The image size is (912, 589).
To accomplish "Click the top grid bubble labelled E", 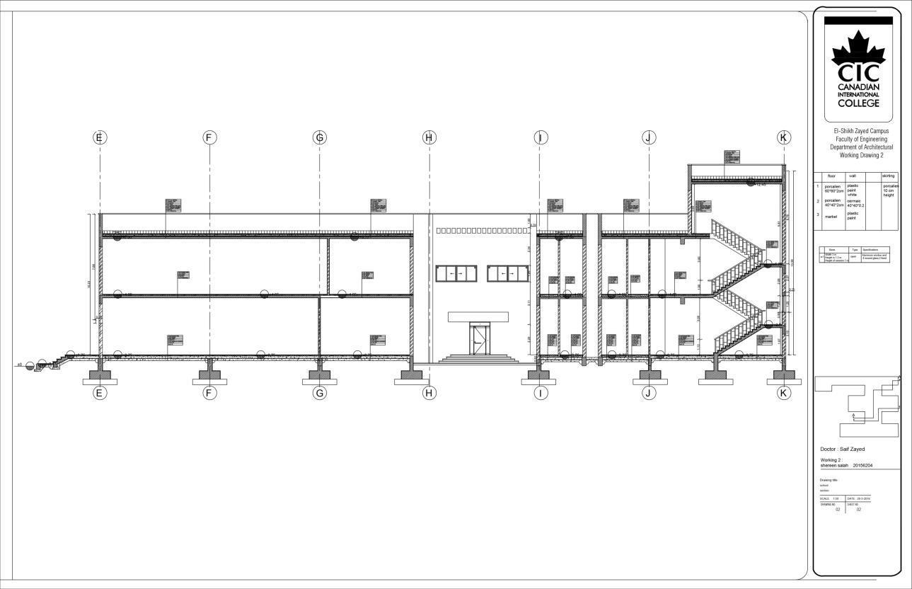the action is click(100, 137).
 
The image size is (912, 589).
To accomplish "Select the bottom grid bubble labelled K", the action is click(783, 393).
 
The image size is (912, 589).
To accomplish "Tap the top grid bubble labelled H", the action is click(429, 137).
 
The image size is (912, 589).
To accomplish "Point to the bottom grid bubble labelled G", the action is click(319, 393).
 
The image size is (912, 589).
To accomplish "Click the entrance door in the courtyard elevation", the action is click(479, 338).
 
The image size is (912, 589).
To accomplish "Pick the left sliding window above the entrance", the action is click(456, 273).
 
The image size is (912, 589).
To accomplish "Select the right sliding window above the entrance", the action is click(507, 273).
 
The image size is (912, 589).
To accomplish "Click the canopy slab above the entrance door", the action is click(480, 316).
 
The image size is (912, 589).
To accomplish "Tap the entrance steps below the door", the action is click(478, 359).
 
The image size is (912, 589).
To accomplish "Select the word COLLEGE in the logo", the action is click(858, 103).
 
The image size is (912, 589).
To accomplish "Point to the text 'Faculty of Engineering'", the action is click(861, 139).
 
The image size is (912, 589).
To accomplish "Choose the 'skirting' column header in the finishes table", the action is click(889, 176).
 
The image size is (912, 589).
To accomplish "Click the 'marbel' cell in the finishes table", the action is click(832, 215).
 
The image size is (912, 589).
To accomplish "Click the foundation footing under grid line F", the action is click(209, 377).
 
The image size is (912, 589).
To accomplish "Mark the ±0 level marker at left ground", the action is click(21, 365).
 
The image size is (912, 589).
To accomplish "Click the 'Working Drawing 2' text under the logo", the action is click(861, 155).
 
